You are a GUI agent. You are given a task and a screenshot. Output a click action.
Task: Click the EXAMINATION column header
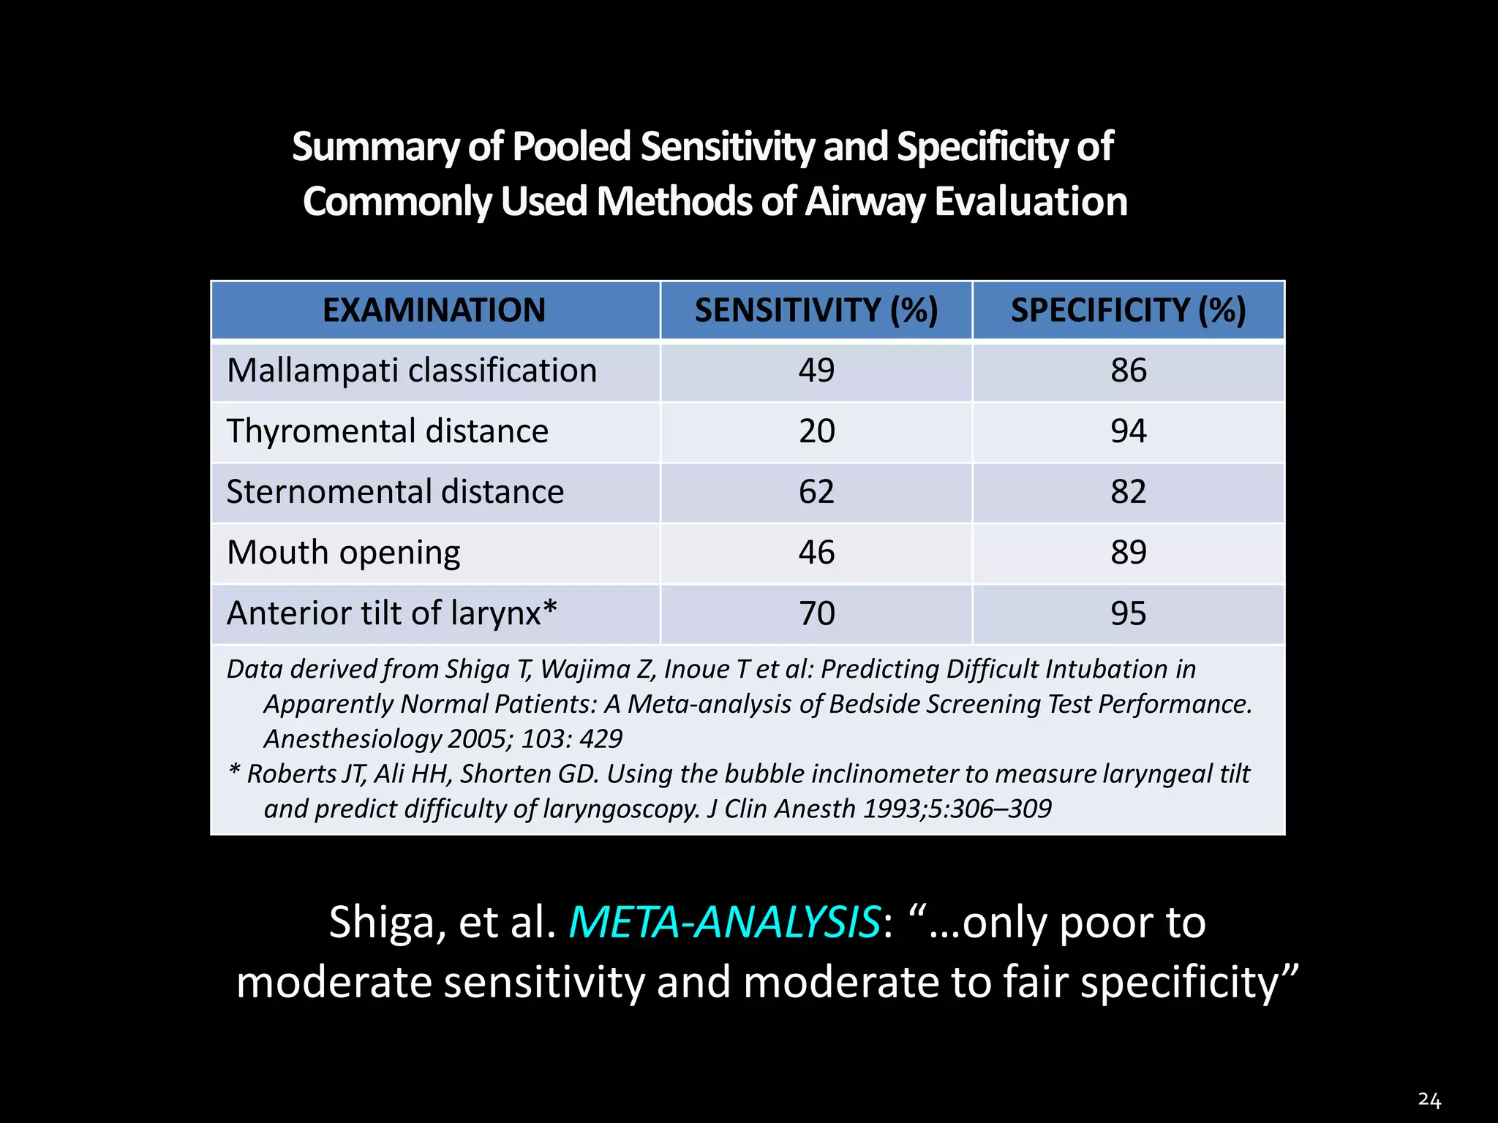pos(434,310)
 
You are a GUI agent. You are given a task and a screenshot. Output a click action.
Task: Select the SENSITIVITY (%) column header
pos(816,310)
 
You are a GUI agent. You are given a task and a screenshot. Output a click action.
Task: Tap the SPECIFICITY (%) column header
pos(1128,310)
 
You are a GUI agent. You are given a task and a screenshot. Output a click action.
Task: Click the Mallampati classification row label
pos(412,371)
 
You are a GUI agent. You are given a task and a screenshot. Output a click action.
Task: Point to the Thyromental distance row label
pos(387,431)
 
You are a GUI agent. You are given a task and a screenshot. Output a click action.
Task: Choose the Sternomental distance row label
pos(395,492)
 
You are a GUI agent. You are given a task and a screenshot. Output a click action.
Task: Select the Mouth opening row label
pos(343,553)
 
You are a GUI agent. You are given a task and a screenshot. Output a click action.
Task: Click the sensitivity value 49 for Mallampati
pos(816,371)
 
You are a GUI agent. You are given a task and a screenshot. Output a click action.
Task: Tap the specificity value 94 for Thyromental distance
pos(1128,431)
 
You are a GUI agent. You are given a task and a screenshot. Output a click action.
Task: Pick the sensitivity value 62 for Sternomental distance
pos(816,492)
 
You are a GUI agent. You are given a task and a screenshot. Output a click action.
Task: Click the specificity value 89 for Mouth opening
pos(1128,553)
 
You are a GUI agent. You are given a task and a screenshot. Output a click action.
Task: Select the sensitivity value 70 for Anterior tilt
pos(816,613)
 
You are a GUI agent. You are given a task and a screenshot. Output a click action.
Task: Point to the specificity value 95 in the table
pos(1128,613)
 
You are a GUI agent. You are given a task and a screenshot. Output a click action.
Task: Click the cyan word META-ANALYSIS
pos(724,923)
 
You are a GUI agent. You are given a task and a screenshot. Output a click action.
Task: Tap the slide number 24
pos(1429,1100)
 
